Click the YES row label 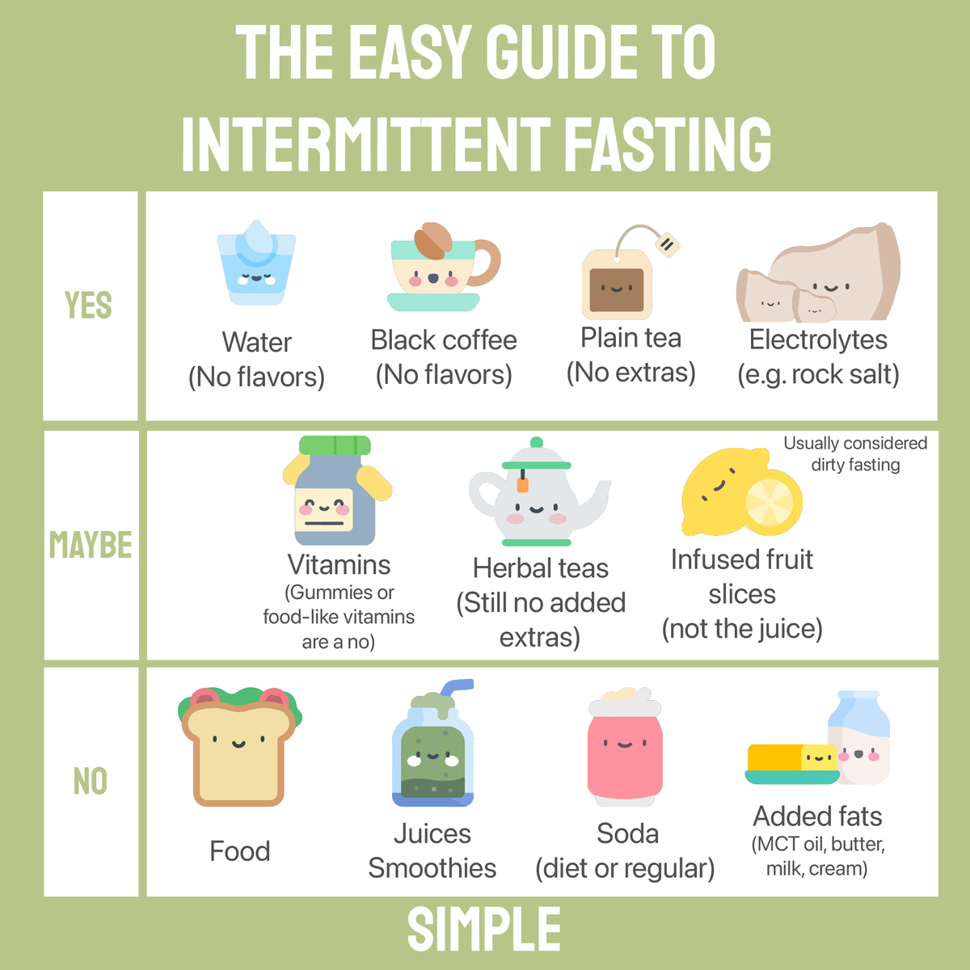(x=88, y=306)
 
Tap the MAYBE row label (x=91, y=545)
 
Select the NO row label (x=90, y=782)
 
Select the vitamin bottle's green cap (x=335, y=445)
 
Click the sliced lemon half (x=771, y=502)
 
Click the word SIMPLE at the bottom (x=484, y=930)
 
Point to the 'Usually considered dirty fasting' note (x=855, y=453)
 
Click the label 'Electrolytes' (x=818, y=340)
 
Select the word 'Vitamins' (x=339, y=565)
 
